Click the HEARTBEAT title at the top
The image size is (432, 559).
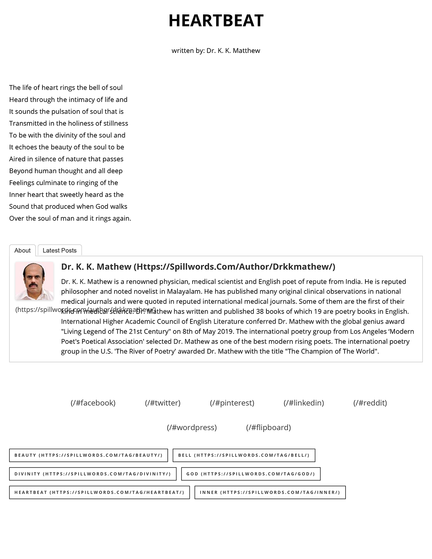click(216, 21)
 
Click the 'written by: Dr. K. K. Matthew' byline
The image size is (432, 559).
click(216, 51)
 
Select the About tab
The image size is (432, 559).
click(22, 251)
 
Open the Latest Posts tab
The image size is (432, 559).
click(60, 251)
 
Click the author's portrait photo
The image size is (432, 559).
click(35, 281)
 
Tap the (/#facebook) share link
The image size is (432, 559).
click(93, 403)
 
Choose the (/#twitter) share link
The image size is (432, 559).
click(163, 403)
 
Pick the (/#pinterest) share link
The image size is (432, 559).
click(232, 403)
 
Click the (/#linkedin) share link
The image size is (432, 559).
click(304, 403)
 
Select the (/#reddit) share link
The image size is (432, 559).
click(370, 403)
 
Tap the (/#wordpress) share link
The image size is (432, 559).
click(192, 427)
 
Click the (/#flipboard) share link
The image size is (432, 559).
click(269, 427)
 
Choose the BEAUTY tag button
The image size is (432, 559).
click(89, 455)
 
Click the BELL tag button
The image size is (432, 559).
click(244, 455)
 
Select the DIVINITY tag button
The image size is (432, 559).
click(93, 474)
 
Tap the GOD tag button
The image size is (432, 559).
click(251, 474)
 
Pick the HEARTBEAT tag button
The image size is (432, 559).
click(99, 492)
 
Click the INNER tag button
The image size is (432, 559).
click(270, 492)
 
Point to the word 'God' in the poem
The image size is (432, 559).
click(102, 207)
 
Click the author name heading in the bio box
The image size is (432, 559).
click(198, 267)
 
